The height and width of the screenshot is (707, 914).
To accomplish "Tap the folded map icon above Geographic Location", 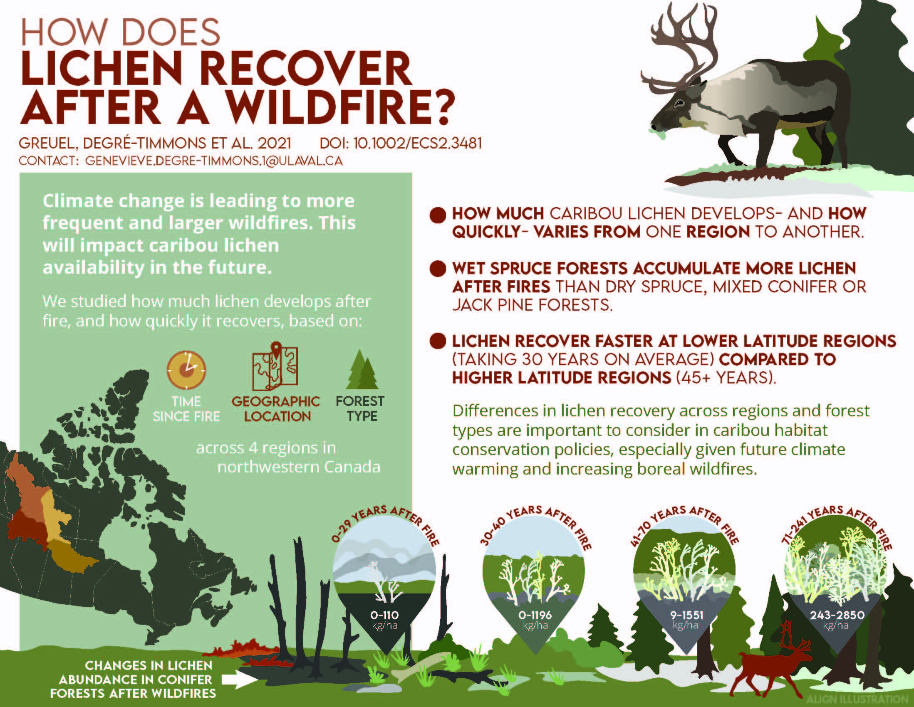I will (x=275, y=366).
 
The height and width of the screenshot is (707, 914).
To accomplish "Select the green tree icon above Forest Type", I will (x=361, y=371).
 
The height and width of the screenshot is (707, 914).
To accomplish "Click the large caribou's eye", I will (x=679, y=102).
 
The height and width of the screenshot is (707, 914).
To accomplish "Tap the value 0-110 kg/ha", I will (x=384, y=619).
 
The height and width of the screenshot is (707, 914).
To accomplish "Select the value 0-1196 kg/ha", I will (x=535, y=619).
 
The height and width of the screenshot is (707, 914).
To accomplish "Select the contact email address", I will (x=214, y=161).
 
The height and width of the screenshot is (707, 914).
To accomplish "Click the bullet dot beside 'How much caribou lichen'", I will (x=438, y=215).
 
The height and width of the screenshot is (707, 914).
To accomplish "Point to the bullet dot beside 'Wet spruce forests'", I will (x=438, y=269).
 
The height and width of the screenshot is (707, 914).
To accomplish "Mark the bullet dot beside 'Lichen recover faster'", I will (x=438, y=341).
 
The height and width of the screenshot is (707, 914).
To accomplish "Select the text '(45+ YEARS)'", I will (x=726, y=378).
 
